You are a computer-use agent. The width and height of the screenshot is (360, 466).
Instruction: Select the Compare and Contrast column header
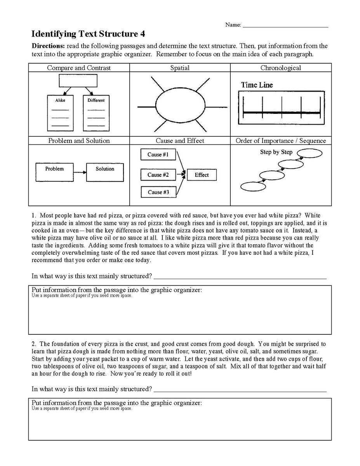click(79, 68)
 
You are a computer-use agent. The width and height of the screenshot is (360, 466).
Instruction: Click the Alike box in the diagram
click(60, 113)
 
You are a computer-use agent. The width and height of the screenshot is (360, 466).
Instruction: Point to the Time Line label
click(257, 85)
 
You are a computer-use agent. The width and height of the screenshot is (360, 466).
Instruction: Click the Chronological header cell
click(280, 68)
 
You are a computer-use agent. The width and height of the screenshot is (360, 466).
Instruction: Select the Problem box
click(54, 172)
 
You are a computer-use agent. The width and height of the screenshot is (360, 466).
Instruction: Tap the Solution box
click(105, 172)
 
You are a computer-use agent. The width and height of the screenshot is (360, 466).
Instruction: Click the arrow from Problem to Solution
click(80, 172)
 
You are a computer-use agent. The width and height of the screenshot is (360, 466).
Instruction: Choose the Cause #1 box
click(158, 155)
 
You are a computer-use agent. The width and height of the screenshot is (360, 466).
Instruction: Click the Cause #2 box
click(158, 175)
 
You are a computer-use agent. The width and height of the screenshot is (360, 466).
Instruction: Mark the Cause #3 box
click(158, 192)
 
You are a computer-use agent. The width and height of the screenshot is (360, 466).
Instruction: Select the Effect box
click(202, 175)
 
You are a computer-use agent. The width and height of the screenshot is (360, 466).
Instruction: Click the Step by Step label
click(276, 152)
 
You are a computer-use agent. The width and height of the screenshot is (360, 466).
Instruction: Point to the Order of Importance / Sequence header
click(280, 141)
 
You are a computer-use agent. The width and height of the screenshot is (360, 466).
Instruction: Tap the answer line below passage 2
click(240, 390)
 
